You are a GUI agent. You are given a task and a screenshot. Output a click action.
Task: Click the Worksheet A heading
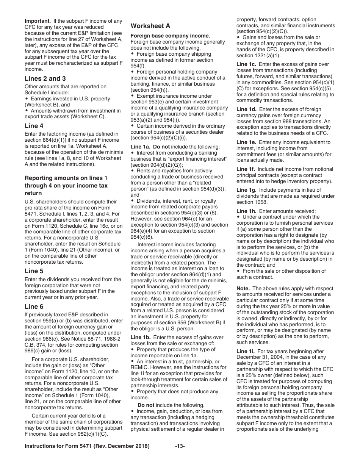pyautogui.click(x=150, y=26)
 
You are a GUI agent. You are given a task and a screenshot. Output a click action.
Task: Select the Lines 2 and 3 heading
pyautogui.click(x=45, y=78)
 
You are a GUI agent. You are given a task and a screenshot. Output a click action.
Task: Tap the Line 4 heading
pyautogui.click(x=34, y=126)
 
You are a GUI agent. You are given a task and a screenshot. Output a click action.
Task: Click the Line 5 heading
pyautogui.click(x=34, y=271)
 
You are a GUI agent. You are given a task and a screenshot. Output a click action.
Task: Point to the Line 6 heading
pyautogui.click(x=34, y=306)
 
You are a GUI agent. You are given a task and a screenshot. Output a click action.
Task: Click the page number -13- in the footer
pyautogui.click(x=180, y=446)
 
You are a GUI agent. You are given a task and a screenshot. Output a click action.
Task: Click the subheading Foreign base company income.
pyautogui.click(x=170, y=36)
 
